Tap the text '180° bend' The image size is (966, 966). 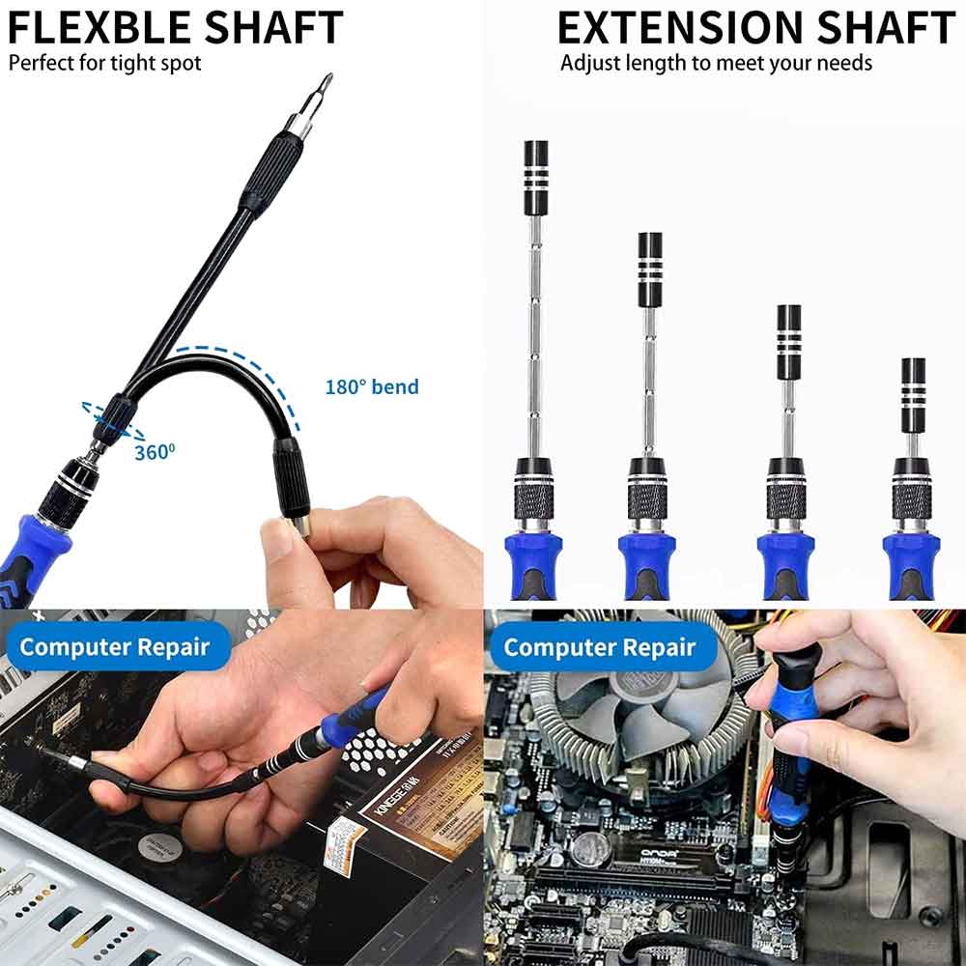coord(372,387)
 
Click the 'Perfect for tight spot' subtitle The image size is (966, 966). coord(105,65)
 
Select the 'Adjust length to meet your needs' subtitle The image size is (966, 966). coord(716,64)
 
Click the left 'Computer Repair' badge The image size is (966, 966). coord(115,646)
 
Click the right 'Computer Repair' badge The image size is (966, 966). coord(600,646)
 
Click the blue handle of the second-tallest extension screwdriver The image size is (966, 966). coord(646,565)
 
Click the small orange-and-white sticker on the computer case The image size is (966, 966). coord(343,845)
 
